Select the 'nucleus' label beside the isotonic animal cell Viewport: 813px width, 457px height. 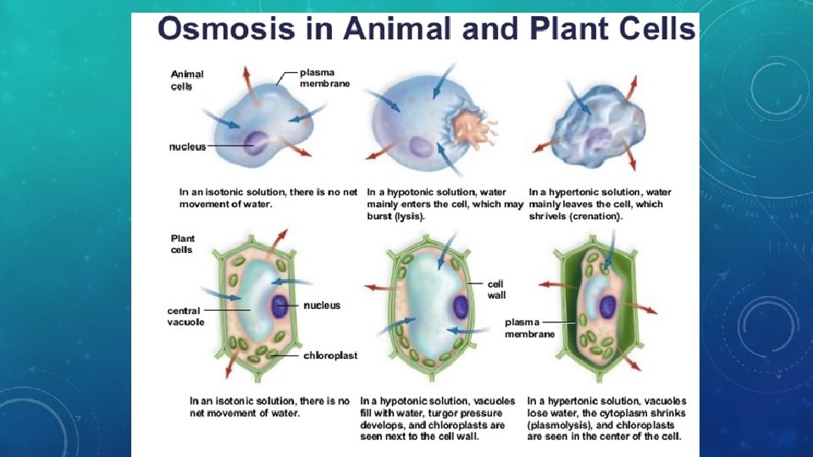[x=187, y=146]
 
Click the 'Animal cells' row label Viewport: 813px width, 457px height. [x=186, y=80]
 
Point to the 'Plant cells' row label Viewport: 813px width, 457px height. [x=182, y=244]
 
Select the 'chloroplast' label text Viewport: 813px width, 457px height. [x=330, y=356]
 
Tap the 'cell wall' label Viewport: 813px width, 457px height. [x=496, y=289]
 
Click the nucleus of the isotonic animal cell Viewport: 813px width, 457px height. [x=255, y=141]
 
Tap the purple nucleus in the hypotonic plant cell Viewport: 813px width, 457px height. [x=460, y=306]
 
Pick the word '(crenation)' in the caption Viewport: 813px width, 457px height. [x=593, y=217]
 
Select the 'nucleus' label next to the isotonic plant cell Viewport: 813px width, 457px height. [x=322, y=305]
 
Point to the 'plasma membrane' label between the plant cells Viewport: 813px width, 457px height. [x=530, y=328]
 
